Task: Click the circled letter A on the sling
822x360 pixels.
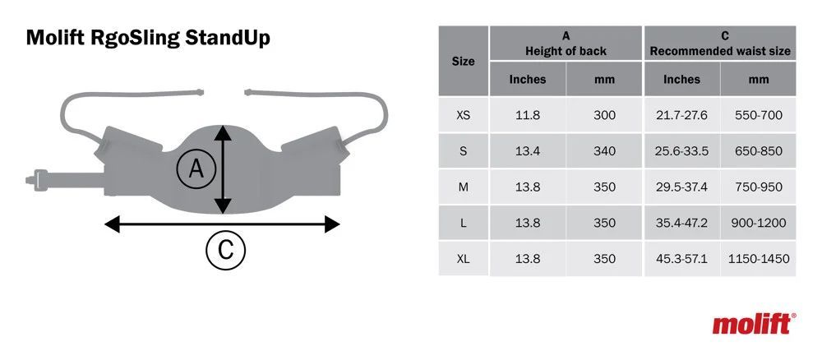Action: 196,168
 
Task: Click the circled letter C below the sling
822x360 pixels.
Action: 225,250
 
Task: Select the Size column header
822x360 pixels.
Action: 464,62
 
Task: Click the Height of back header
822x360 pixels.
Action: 566,51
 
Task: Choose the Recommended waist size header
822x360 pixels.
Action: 720,51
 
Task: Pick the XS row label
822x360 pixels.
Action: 464,115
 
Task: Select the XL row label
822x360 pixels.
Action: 464,259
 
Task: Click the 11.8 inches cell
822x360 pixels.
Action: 528,115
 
